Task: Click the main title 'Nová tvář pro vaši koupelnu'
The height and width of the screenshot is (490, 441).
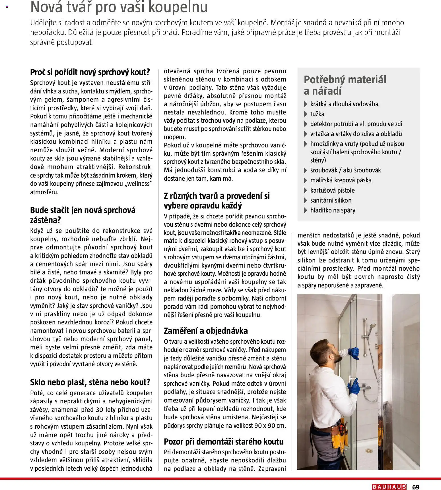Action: click(119, 7)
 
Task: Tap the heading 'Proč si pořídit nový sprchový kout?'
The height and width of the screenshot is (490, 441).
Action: click(90, 72)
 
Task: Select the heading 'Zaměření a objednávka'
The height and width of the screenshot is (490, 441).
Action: click(206, 331)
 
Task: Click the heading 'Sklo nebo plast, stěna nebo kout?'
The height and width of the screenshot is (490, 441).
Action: click(90, 382)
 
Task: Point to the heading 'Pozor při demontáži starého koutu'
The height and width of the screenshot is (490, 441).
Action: click(224, 441)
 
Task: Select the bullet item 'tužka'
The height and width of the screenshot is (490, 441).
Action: click(317, 114)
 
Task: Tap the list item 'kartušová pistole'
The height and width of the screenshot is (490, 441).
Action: click(332, 190)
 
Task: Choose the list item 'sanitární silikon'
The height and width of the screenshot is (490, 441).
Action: click(331, 200)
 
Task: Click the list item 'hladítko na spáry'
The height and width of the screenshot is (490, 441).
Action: click(333, 210)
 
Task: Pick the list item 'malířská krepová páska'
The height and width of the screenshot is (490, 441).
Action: click(341, 180)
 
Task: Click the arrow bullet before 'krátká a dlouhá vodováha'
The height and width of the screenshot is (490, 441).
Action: click(306, 104)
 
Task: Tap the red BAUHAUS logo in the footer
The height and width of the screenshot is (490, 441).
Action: click(389, 487)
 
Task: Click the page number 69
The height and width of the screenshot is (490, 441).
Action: click(416, 487)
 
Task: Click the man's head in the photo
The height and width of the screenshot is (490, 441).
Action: click(330, 352)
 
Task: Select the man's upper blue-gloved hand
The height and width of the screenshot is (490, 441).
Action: click(353, 353)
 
